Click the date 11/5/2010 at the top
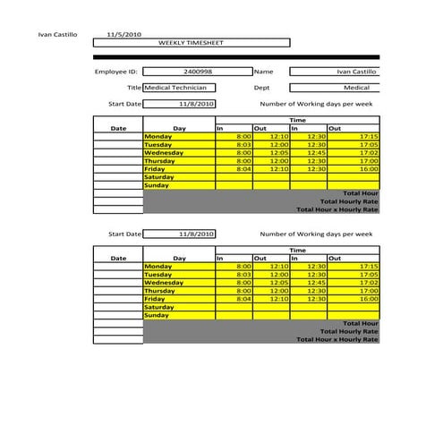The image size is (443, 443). point(124,34)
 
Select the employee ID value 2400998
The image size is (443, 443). point(197,71)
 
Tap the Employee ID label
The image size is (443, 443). point(116,71)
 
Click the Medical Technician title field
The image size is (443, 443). point(179,88)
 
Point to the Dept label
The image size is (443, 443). point(261,88)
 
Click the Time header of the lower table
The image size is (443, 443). point(297,251)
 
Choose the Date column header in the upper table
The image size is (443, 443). point(118,129)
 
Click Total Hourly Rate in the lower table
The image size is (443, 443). point(349,331)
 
